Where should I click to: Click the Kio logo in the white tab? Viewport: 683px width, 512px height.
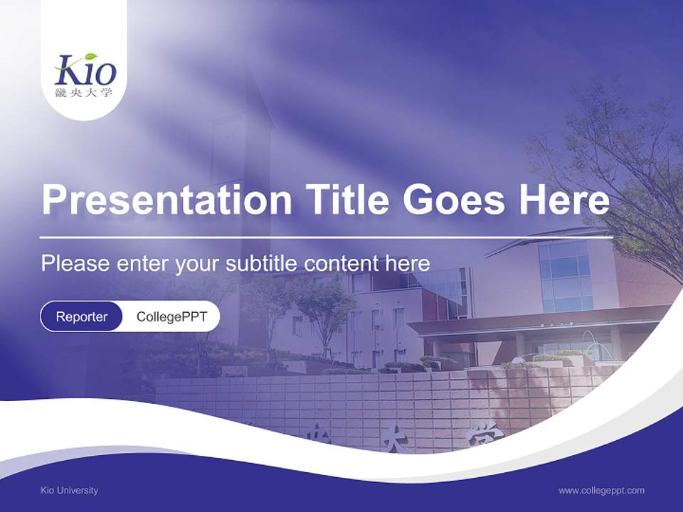coord(85,71)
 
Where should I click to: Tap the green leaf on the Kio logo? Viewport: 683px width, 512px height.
coord(90,58)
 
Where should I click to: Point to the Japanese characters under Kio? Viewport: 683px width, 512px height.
coord(84,92)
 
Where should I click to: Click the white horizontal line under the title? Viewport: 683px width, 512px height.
coord(326,237)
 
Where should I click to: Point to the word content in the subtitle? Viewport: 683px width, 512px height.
coord(341,263)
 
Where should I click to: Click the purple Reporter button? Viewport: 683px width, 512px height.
coord(81,316)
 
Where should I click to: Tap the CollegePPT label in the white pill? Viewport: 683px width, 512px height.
coord(171,316)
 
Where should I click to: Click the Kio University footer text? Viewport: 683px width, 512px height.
coord(69,490)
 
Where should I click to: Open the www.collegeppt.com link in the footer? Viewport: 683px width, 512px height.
coord(601,490)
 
